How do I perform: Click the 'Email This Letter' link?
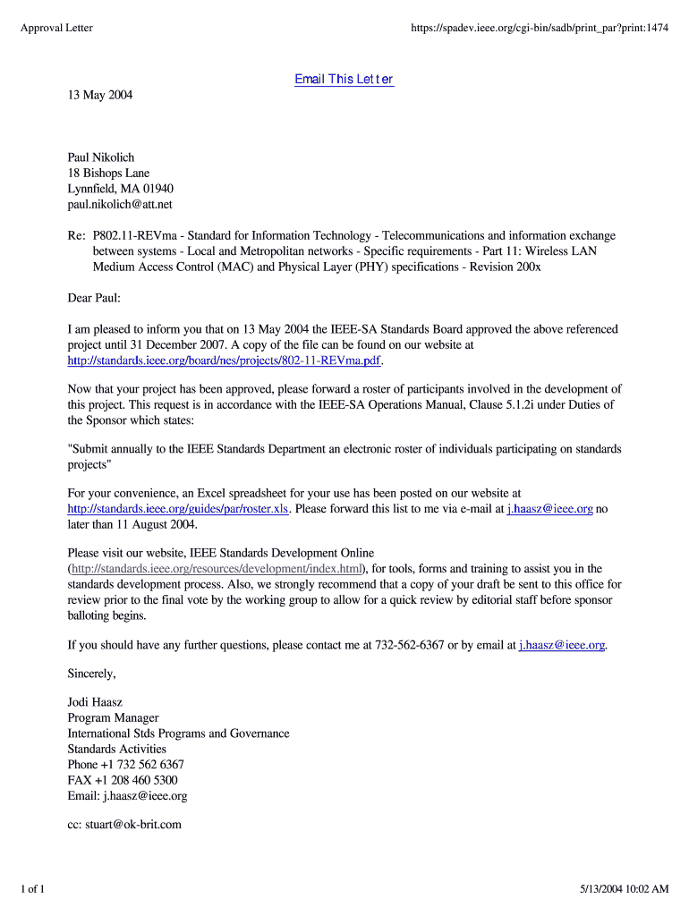point(344,80)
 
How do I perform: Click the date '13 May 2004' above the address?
point(100,95)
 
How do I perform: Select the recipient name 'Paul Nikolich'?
point(101,157)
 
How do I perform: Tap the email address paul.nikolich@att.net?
point(120,205)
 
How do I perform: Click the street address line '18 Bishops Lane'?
point(108,173)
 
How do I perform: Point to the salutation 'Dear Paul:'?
point(93,298)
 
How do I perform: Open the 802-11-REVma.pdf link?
point(225,360)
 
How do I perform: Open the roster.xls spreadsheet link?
point(178,509)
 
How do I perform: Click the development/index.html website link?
point(217,569)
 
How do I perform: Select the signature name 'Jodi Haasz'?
point(97,702)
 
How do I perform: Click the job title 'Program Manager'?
point(113,717)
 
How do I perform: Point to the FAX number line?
point(122,780)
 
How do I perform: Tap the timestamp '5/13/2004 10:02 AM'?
point(623,889)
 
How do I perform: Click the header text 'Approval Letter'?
point(56,29)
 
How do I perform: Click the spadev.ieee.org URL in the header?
point(540,29)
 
